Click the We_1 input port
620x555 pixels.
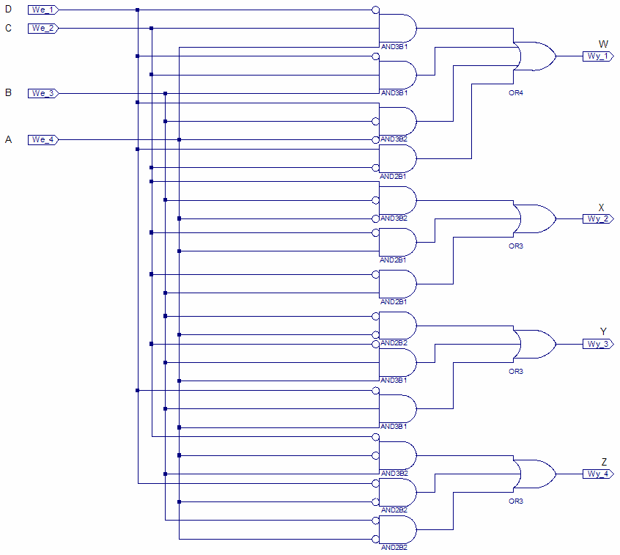43,10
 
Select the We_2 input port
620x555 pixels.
43,28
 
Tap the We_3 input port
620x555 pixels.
43,93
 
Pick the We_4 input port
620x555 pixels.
43,139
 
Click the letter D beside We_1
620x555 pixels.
9,10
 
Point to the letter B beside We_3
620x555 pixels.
9,93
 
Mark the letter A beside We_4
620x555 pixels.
9,139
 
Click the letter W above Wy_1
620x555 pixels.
602,44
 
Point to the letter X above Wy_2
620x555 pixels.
602,207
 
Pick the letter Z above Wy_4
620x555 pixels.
604,462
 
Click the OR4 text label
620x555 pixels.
516,93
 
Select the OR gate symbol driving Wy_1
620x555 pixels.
534,56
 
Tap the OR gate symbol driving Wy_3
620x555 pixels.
534,344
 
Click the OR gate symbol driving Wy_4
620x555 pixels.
534,474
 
